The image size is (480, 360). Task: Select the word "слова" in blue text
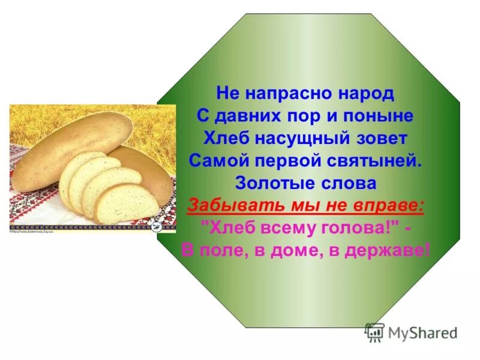(x=350, y=183)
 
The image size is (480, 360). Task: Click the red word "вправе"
(x=392, y=205)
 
